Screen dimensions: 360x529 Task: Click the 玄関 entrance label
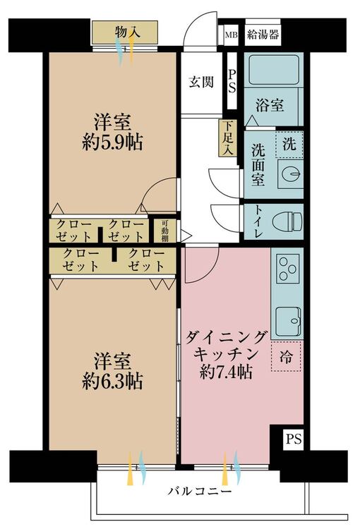click(x=201, y=82)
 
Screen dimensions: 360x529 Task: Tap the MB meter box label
click(x=232, y=35)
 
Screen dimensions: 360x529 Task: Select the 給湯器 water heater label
click(x=263, y=35)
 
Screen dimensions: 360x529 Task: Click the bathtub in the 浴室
click(x=274, y=70)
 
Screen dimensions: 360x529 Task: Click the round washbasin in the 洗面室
click(x=290, y=174)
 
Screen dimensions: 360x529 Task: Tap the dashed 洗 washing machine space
click(x=289, y=145)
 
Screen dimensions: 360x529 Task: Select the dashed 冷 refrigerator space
click(x=286, y=356)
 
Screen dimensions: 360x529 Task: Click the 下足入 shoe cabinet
click(x=227, y=139)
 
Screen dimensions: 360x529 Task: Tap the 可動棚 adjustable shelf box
click(x=164, y=231)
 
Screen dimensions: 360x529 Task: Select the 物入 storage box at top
click(x=125, y=32)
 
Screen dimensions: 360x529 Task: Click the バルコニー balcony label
click(x=200, y=491)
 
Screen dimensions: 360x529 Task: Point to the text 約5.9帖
click(x=112, y=142)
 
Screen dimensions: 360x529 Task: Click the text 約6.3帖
click(x=112, y=381)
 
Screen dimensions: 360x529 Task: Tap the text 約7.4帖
click(x=226, y=372)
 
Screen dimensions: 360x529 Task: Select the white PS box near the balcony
click(x=294, y=439)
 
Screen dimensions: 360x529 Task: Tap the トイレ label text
click(x=258, y=221)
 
